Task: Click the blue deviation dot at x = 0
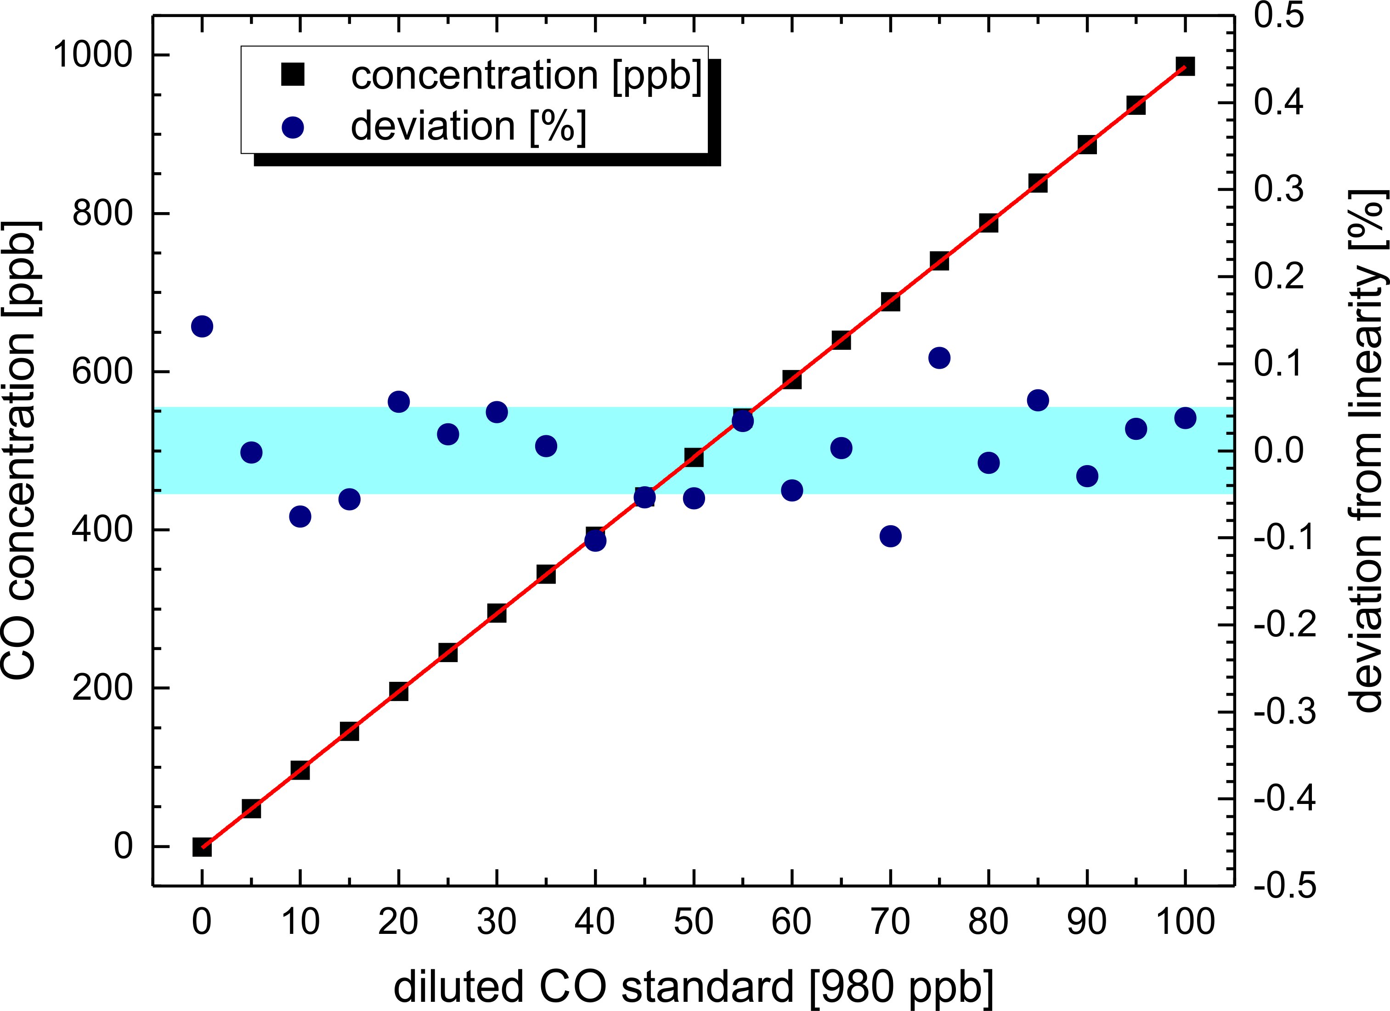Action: point(202,326)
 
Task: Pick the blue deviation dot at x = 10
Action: point(299,517)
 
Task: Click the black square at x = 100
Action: point(1185,66)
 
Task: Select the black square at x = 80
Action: point(988,223)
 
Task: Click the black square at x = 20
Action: point(398,692)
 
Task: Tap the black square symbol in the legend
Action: point(293,75)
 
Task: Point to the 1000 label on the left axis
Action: point(92,55)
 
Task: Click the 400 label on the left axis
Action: point(102,530)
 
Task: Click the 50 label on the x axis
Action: point(693,922)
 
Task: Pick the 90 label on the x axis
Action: point(1087,922)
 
